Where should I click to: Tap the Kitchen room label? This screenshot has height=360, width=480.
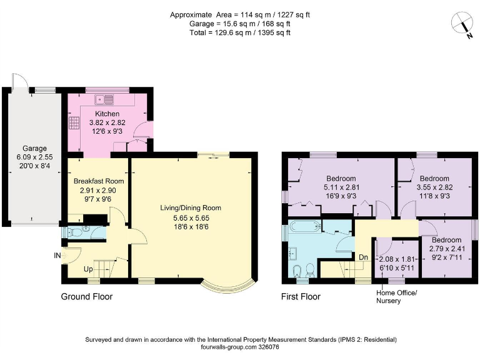(107, 113)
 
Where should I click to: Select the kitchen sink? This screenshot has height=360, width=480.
(104, 99)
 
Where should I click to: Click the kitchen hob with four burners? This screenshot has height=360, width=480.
(74, 122)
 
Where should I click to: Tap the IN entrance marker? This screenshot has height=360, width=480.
(57, 254)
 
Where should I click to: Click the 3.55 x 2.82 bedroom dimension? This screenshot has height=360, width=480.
(434, 186)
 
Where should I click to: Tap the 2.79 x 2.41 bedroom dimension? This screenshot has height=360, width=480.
(447, 247)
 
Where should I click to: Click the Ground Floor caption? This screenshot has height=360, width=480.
(87, 297)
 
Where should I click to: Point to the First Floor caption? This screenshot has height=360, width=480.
(301, 297)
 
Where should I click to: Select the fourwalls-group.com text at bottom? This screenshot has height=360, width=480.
(229, 347)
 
